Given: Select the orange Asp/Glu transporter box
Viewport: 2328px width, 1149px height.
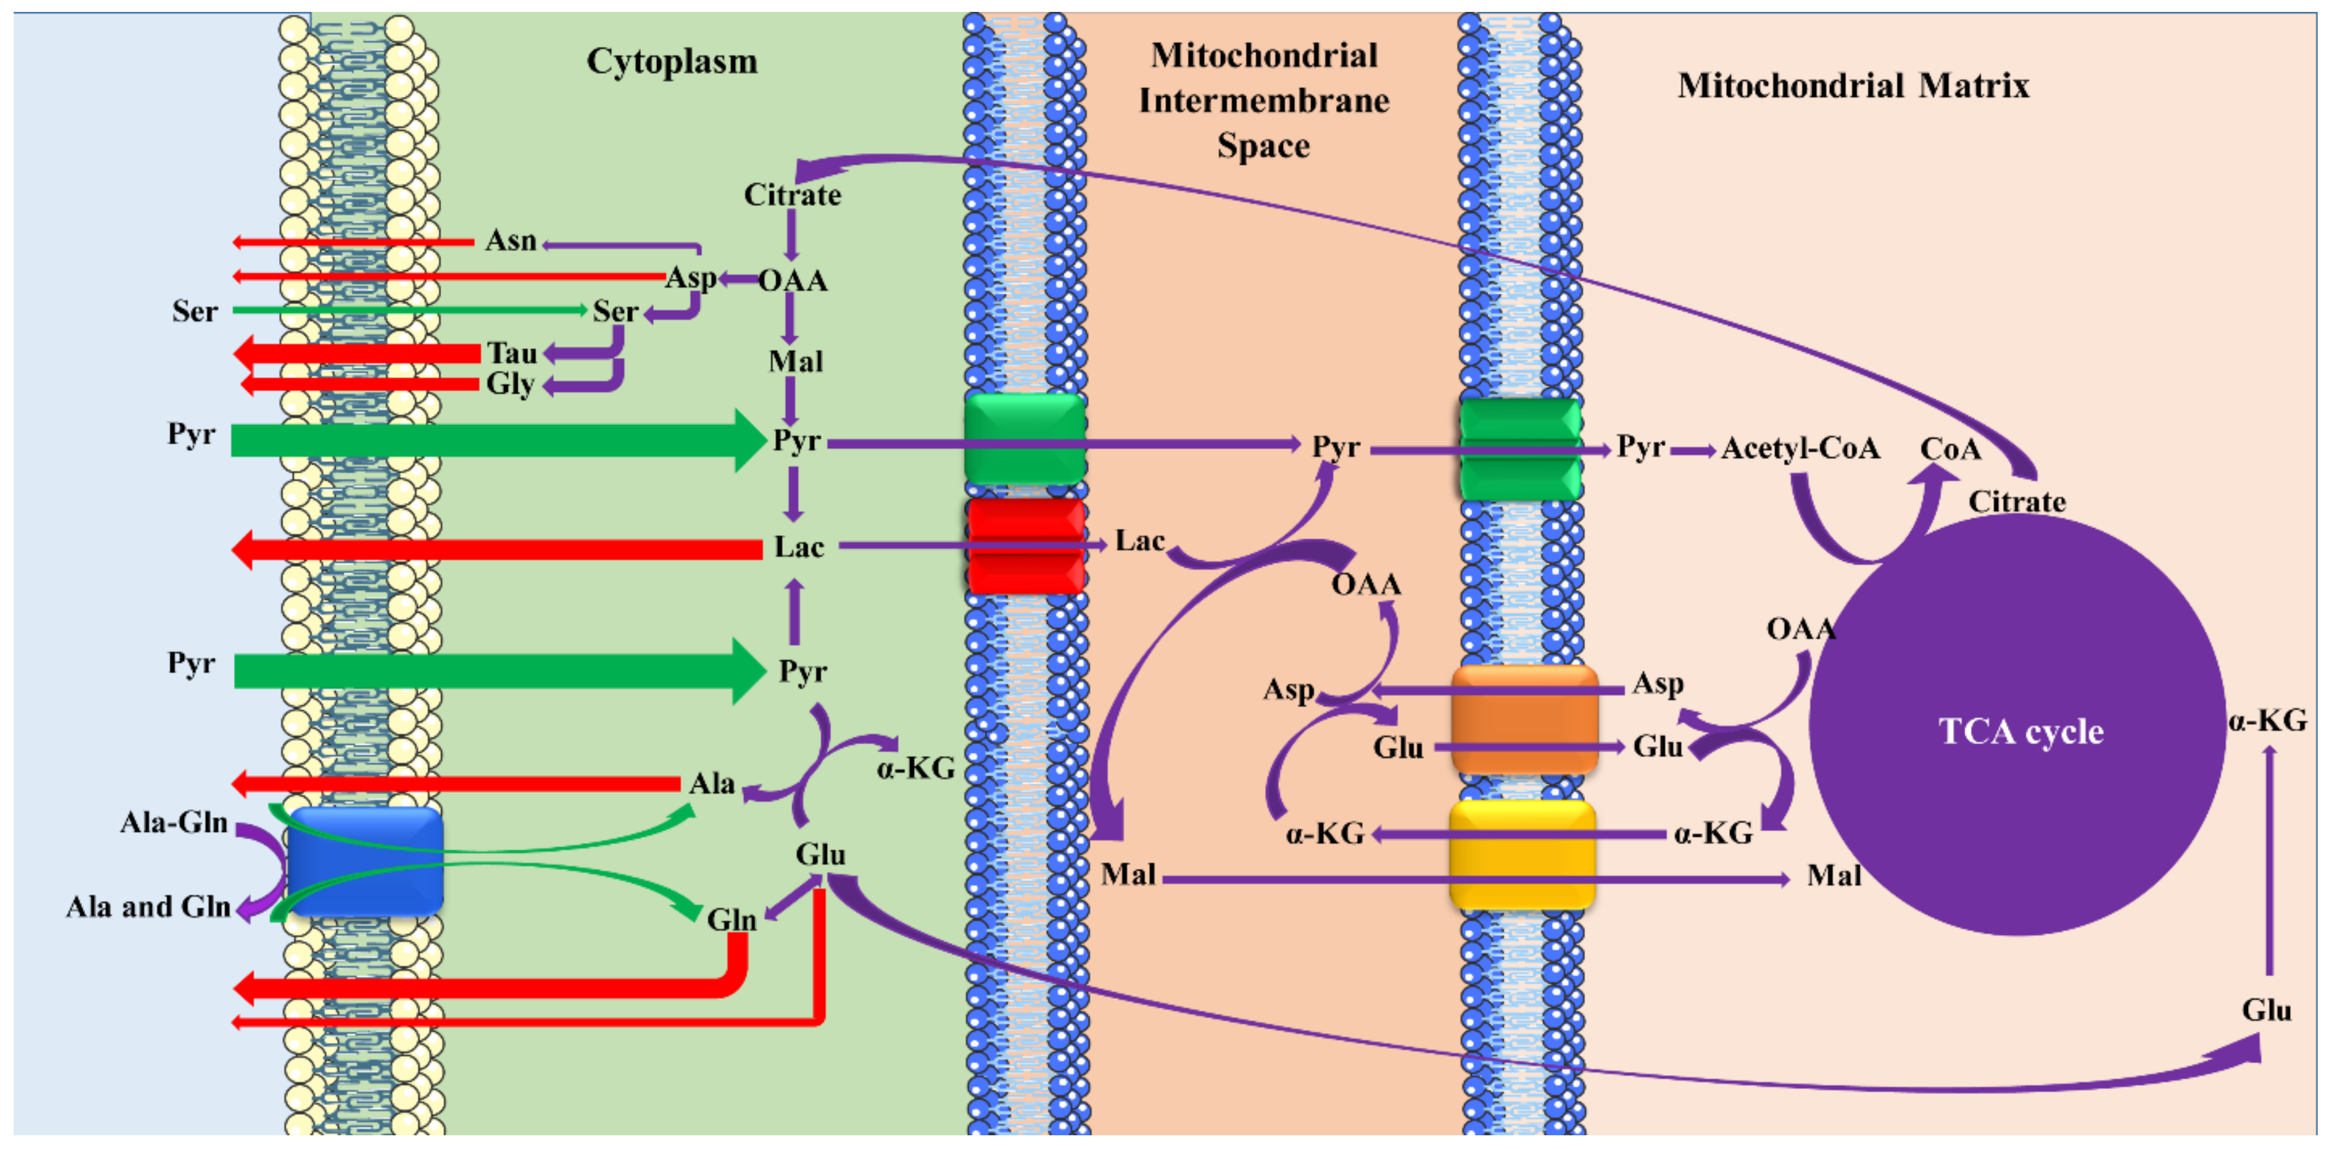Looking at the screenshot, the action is tap(1524, 720).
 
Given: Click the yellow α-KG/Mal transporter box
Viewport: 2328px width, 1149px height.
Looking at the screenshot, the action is tap(1523, 854).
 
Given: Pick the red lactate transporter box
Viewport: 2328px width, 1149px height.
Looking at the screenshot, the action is tap(1026, 546).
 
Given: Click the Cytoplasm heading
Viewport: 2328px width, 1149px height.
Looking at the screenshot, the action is tap(671, 61).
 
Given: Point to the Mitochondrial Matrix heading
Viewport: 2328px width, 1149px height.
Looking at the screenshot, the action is tap(1852, 86).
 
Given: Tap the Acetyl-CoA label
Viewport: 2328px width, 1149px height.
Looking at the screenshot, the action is tap(1800, 448).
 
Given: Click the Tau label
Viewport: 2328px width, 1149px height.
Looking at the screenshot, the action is tap(513, 352).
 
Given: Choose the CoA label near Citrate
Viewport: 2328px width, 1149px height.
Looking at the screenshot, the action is tap(1950, 449).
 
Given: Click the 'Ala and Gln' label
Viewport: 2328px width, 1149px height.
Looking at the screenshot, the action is tap(148, 907).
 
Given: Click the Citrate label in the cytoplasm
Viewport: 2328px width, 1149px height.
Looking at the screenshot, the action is tap(792, 195).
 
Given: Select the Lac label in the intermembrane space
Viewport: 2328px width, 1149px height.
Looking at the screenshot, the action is tap(1140, 541).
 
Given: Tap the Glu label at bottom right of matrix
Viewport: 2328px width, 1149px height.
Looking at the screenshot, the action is tap(2267, 1010).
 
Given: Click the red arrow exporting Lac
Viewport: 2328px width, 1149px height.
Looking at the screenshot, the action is tap(497, 549).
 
